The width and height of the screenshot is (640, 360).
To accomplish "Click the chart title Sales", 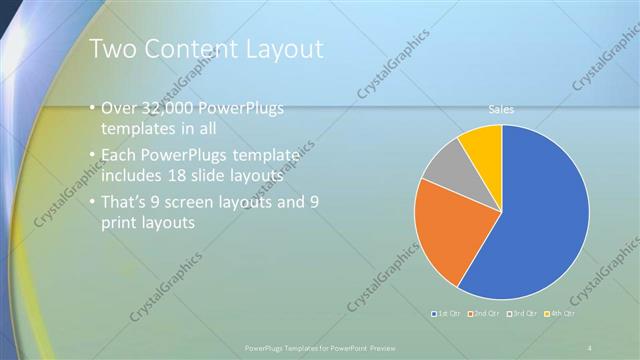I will [x=501, y=109].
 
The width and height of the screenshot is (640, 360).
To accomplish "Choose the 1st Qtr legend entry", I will [x=446, y=314].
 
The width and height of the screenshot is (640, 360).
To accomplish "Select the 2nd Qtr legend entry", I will [x=487, y=314].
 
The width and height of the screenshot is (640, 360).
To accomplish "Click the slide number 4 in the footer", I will [x=592, y=348].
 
